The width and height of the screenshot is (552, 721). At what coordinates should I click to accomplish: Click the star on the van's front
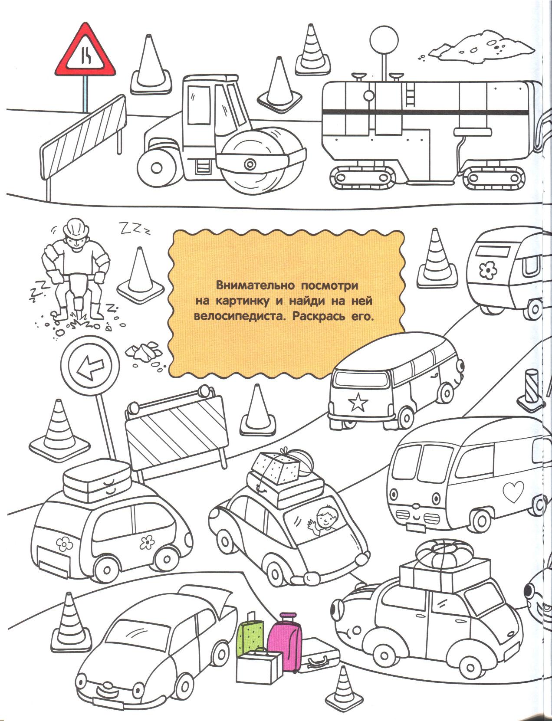[x=358, y=403]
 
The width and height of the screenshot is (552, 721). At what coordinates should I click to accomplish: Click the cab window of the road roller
[x=199, y=105]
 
